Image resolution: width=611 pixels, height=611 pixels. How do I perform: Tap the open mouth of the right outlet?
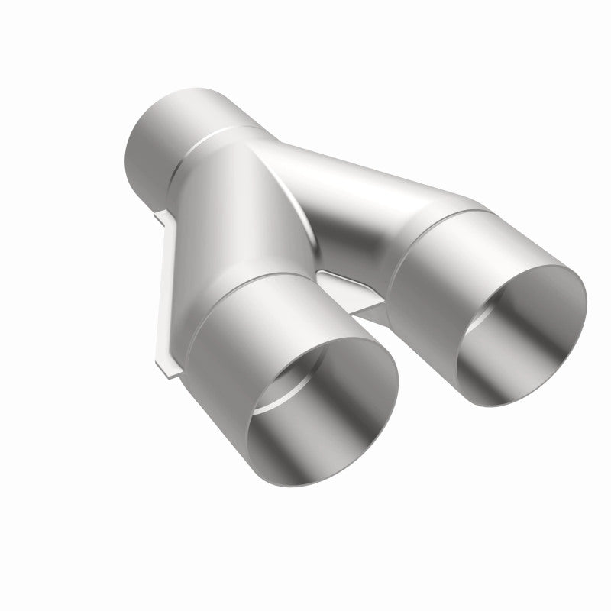[x=519, y=336]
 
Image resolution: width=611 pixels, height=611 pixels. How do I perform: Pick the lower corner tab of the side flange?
[x=170, y=370]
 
